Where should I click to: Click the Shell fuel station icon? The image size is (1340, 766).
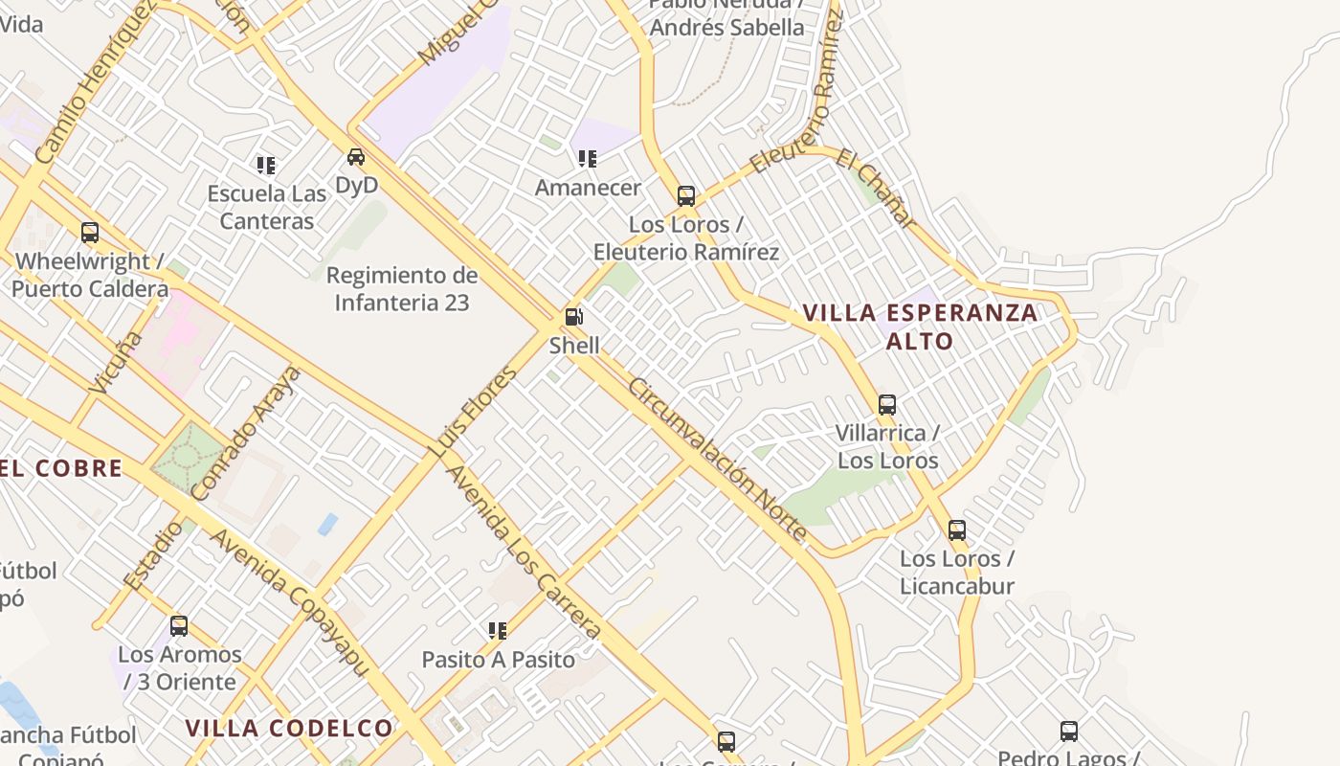pyautogui.click(x=573, y=317)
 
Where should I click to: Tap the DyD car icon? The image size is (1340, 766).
pyautogui.click(x=356, y=157)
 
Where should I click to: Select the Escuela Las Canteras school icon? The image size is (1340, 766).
pyautogui.click(x=266, y=166)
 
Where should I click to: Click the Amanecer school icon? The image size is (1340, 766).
pyautogui.click(x=587, y=159)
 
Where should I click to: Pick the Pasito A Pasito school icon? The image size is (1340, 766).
pyautogui.click(x=498, y=631)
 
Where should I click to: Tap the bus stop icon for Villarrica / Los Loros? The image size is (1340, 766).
pyautogui.click(x=887, y=405)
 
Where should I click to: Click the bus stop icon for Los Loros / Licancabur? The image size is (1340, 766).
pyautogui.click(x=956, y=530)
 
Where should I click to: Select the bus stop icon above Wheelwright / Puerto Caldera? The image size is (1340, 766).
pyautogui.click(x=90, y=233)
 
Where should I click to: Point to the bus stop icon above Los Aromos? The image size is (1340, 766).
pyautogui.click(x=179, y=627)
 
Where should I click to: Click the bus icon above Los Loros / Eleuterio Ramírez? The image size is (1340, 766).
pyautogui.click(x=685, y=196)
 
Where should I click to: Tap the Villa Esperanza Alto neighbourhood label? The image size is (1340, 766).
pyautogui.click(x=920, y=327)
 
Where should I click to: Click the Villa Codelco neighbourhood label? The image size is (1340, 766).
pyautogui.click(x=289, y=729)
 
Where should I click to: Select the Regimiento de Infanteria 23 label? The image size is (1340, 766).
pyautogui.click(x=402, y=289)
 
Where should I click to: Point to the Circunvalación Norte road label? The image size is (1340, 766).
pyautogui.click(x=719, y=460)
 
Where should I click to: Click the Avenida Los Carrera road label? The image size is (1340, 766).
pyautogui.click(x=523, y=552)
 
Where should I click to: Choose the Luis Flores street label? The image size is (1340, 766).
pyautogui.click(x=472, y=412)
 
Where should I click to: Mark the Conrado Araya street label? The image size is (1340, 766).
pyautogui.click(x=246, y=433)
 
